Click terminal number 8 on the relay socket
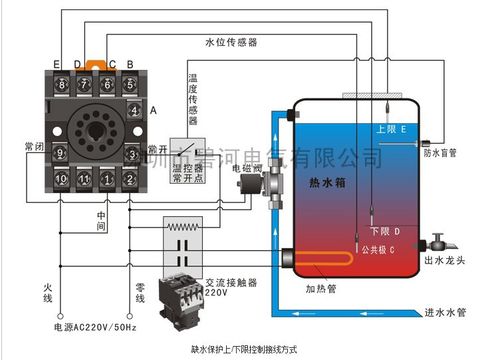pos(61,87)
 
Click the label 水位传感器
pos(231,42)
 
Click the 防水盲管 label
pos(440,153)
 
